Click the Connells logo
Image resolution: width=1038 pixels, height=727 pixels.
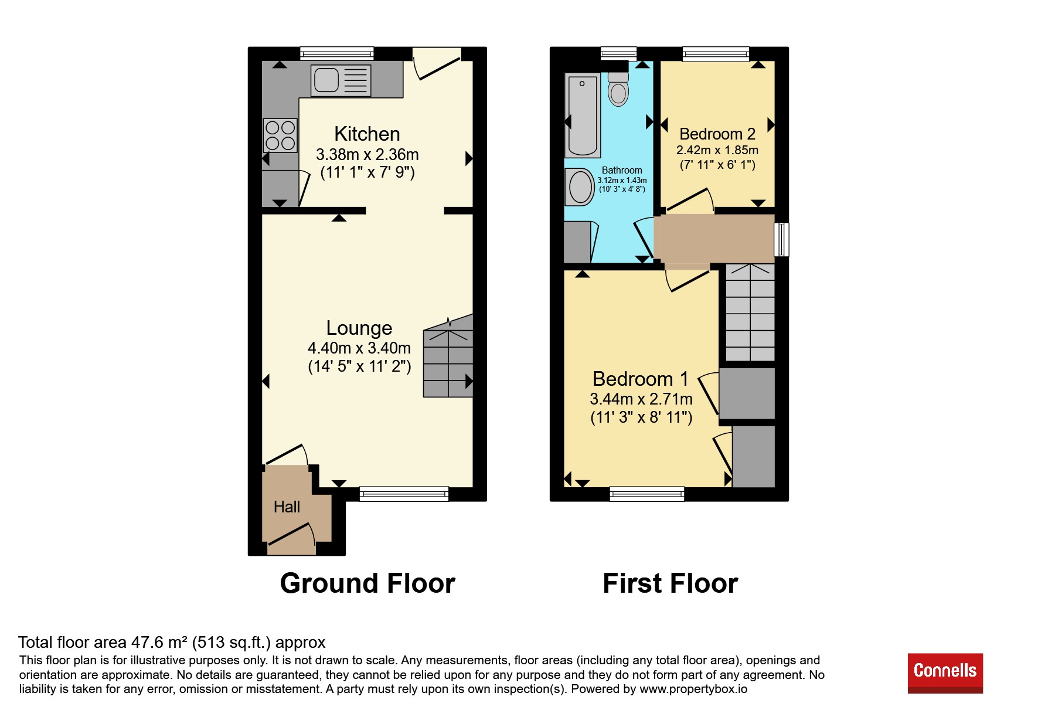tap(945, 673)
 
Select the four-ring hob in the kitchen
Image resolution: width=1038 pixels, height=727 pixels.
tap(280, 135)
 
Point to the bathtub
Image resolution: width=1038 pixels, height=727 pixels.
tap(582, 115)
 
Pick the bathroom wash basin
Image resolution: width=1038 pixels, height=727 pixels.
tap(580, 187)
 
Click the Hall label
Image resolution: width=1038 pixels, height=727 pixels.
tap(287, 507)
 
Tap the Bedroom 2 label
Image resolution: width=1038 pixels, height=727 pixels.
tap(717, 134)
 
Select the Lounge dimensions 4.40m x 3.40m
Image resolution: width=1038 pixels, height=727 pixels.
tap(359, 348)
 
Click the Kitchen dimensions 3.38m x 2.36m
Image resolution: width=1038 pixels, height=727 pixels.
tap(367, 155)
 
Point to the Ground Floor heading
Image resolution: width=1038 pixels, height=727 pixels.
tap(367, 583)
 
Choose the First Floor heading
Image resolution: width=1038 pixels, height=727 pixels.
tap(670, 583)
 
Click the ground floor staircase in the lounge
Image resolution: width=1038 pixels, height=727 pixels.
tap(448, 356)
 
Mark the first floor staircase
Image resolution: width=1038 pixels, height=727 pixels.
tap(750, 312)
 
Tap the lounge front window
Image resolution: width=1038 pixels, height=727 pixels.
tap(404, 494)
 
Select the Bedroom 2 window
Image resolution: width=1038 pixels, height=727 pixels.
tap(716, 54)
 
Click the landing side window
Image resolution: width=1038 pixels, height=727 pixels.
tap(782, 239)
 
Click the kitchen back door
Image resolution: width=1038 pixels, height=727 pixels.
tap(437, 64)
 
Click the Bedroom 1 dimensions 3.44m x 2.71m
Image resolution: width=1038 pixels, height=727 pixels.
tap(641, 399)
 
